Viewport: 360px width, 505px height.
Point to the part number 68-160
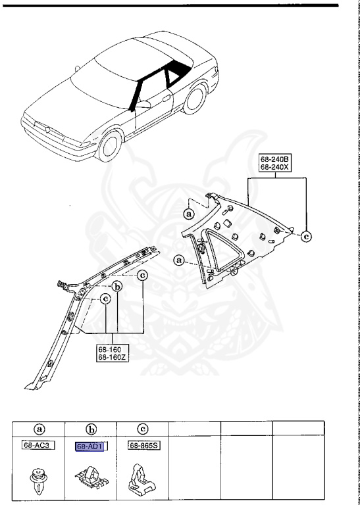pyautogui.click(x=109, y=349)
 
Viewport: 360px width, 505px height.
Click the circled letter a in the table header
pyautogui.click(x=39, y=429)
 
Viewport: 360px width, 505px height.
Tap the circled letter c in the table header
pyautogui.click(x=142, y=429)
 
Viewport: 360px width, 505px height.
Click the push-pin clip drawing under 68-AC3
pyautogui.click(x=38, y=478)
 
